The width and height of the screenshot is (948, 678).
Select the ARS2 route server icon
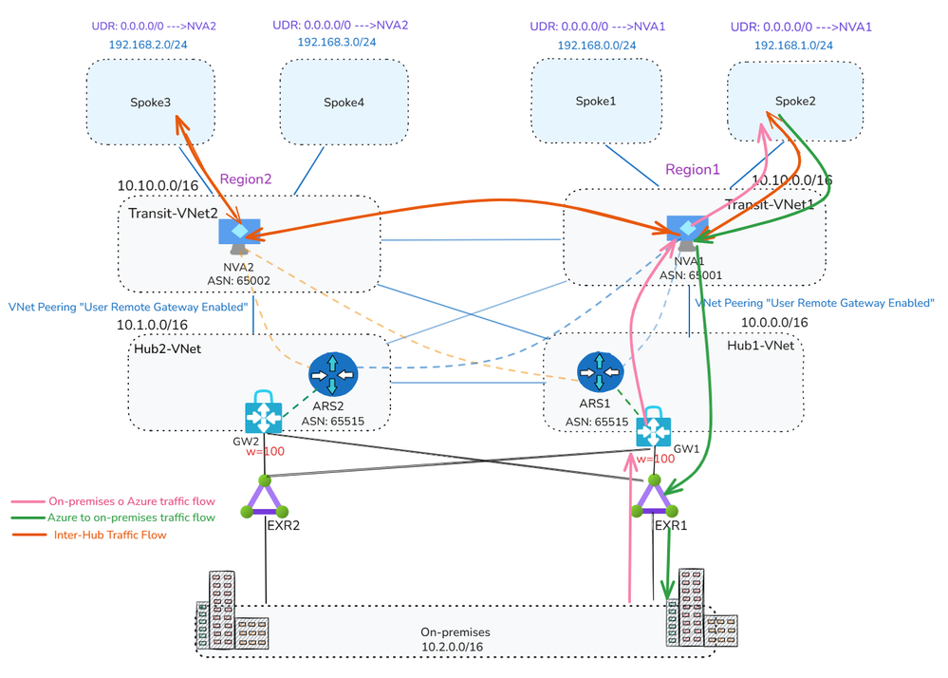tap(333, 375)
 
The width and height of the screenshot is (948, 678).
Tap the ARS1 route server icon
tap(599, 373)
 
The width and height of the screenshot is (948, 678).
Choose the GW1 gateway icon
tap(654, 430)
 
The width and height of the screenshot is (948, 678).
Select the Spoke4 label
tap(344, 102)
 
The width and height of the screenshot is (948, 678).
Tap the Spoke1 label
tap(595, 101)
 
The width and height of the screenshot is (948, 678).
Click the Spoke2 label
tap(795, 101)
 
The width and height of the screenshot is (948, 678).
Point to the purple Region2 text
tap(246, 179)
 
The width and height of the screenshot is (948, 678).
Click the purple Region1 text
tap(692, 169)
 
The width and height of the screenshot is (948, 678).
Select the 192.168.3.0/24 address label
tap(336, 42)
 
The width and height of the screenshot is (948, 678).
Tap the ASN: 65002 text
tap(240, 281)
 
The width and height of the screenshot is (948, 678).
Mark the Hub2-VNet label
tap(168, 348)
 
